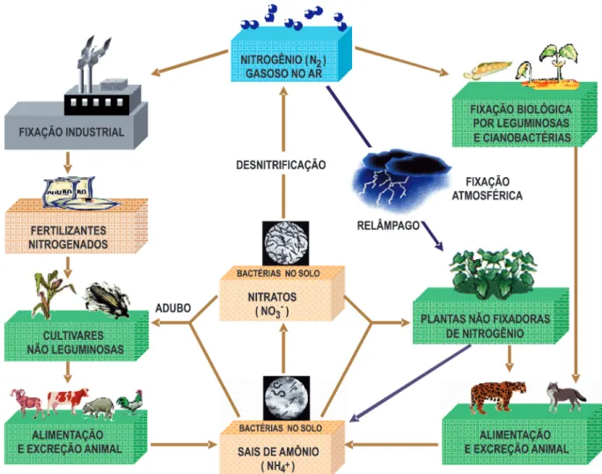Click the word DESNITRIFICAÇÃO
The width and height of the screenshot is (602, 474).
point(281,165)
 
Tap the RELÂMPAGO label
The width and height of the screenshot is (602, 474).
point(388,226)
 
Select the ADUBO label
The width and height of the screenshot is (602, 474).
point(173,308)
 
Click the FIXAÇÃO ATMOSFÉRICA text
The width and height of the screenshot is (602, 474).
point(488,189)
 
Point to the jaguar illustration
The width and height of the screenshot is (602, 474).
point(497,396)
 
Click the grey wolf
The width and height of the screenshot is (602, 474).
point(565,397)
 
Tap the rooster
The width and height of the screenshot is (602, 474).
point(130,402)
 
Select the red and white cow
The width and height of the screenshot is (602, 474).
point(68,401)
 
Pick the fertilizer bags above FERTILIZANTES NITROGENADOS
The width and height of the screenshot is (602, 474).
point(81,193)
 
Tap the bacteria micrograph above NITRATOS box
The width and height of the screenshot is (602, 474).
point(286,243)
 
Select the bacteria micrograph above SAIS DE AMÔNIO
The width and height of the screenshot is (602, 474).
point(286,398)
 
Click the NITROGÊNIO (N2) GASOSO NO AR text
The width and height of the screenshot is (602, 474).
point(283,66)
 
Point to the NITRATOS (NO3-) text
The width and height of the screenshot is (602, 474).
point(272,304)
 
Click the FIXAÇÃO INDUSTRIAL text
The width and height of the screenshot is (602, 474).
point(71,132)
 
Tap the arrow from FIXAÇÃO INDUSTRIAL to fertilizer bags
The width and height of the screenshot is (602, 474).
point(68,163)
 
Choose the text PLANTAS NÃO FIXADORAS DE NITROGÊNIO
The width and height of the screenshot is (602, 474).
point(485,326)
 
